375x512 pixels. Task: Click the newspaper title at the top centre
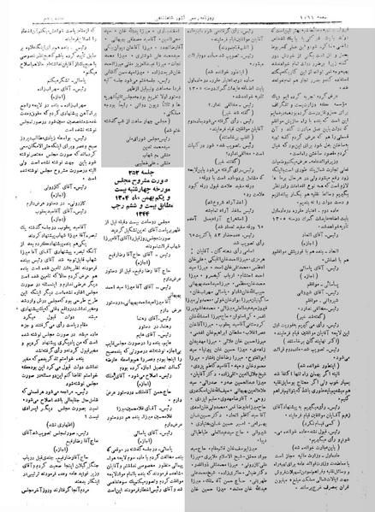pos(186,15)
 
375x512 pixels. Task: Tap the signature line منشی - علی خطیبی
pos(142,162)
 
